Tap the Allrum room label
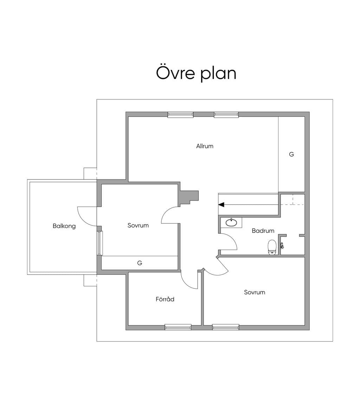click(x=205, y=146)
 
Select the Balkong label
click(x=64, y=226)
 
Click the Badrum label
click(x=263, y=231)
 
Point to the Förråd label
click(x=165, y=299)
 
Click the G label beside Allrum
click(x=291, y=154)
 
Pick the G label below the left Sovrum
click(x=140, y=263)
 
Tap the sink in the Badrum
click(x=231, y=222)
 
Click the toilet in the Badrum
click(x=272, y=247)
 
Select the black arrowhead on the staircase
click(x=221, y=204)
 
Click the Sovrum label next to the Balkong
click(x=138, y=225)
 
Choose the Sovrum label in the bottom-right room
click(x=255, y=292)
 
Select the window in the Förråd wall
click(x=178, y=327)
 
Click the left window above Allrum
click(x=180, y=115)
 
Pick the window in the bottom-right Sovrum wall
click(x=226, y=327)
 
